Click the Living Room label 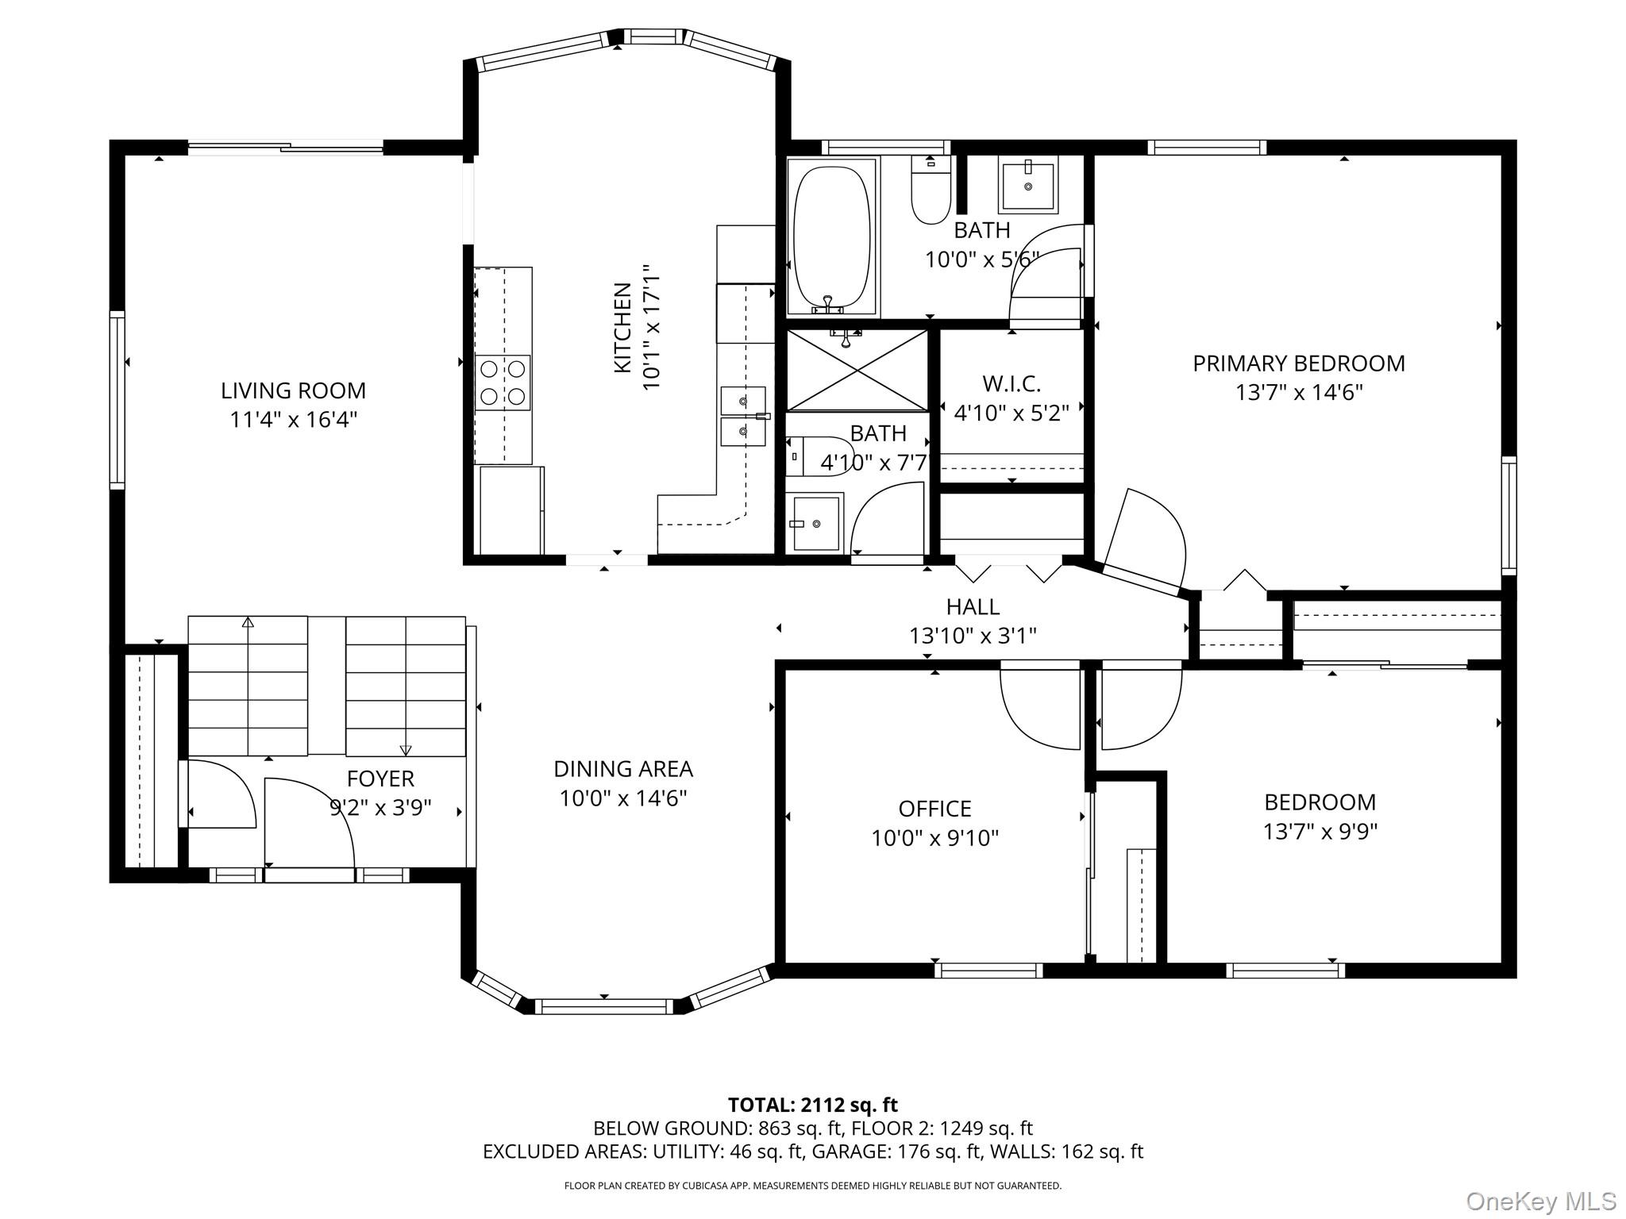[293, 390]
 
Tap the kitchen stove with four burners [503, 383]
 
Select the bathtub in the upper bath [831, 237]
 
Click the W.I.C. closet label [1011, 384]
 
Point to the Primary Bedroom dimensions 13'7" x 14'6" [1299, 393]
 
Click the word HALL [973, 607]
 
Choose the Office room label [934, 809]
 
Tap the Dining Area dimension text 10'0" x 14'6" [623, 798]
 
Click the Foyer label [380, 779]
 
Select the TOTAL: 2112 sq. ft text [813, 1105]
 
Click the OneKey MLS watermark [1540, 1202]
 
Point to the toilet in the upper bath [931, 190]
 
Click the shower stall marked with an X [857, 371]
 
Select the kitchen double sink [743, 417]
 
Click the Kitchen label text [623, 328]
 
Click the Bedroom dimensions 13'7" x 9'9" [1320, 832]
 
